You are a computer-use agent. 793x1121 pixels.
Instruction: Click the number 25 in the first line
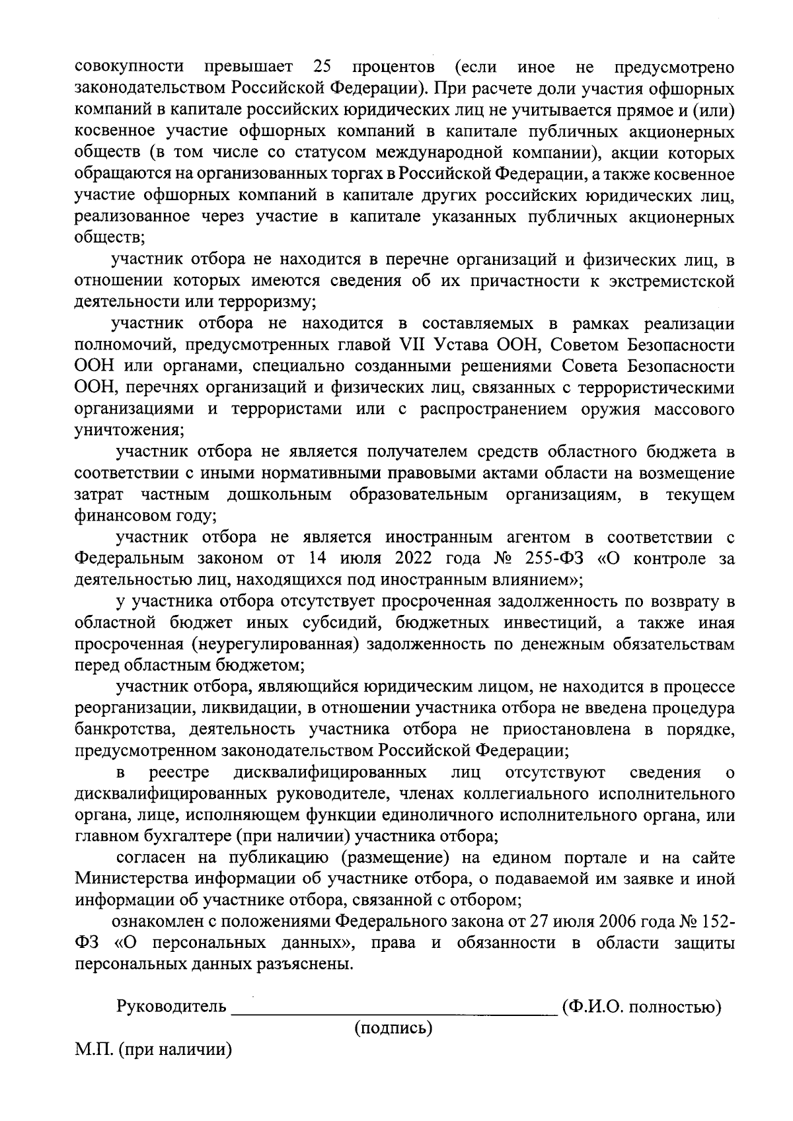point(321,67)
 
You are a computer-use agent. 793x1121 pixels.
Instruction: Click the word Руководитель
point(171,1007)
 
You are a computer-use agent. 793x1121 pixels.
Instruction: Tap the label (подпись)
point(394,1028)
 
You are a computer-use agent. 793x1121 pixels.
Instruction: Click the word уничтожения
point(128,431)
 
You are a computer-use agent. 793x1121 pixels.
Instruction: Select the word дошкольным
point(280,495)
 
